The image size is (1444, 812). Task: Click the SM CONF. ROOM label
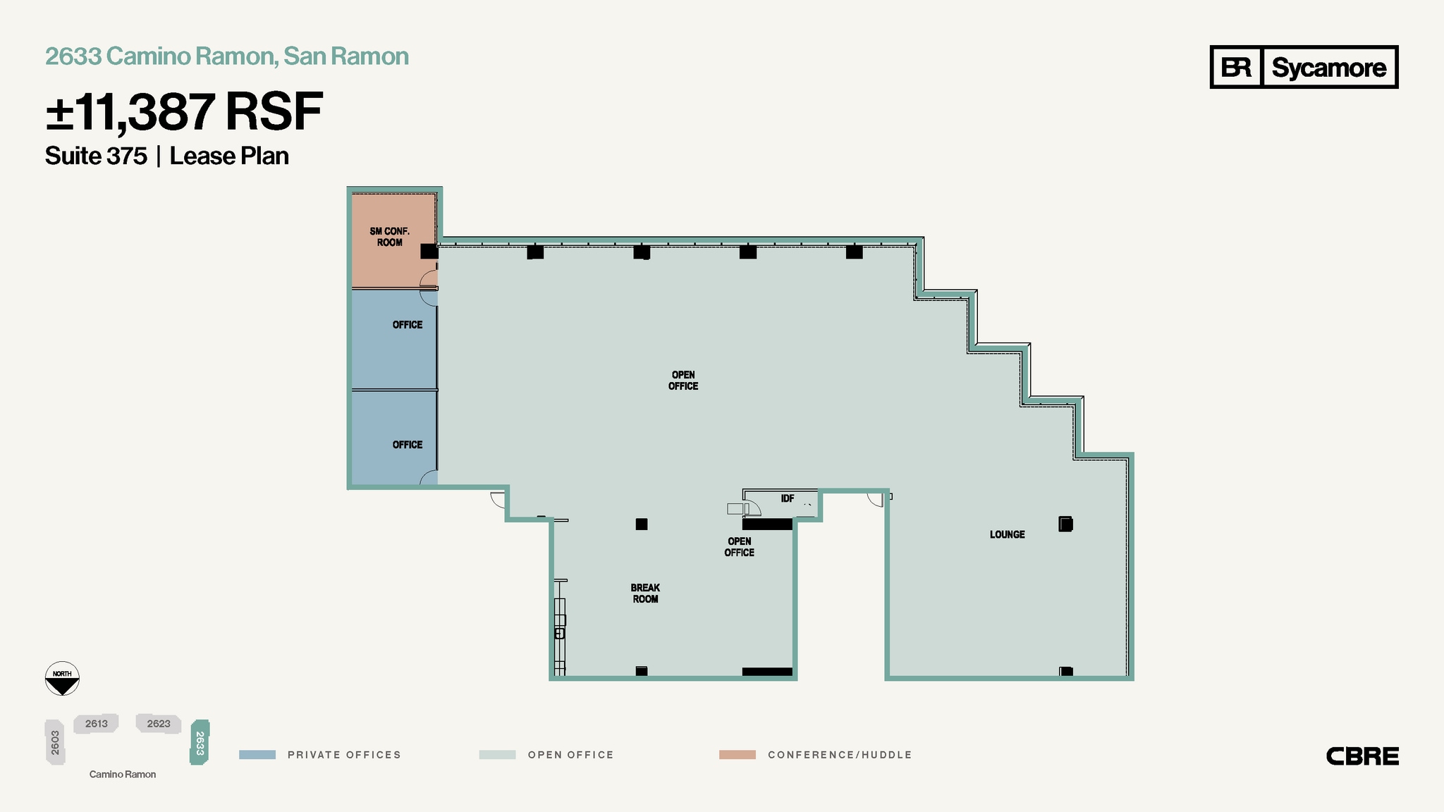click(x=389, y=237)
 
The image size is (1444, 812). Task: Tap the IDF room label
click(x=787, y=498)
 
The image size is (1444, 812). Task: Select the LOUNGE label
click(x=1007, y=534)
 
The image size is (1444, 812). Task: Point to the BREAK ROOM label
click(x=645, y=593)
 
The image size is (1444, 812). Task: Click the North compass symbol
click(x=62, y=679)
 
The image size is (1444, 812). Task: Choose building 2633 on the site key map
click(x=200, y=742)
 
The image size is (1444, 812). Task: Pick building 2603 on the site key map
click(x=55, y=742)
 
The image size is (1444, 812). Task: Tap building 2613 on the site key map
click(x=96, y=724)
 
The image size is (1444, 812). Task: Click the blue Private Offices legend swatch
click(x=257, y=755)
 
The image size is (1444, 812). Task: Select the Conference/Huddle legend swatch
click(x=737, y=755)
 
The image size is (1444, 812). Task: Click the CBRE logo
click(x=1362, y=756)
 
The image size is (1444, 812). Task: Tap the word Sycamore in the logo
click(x=1328, y=68)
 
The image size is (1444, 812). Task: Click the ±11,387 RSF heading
click(x=184, y=112)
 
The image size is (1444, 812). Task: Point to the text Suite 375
click(x=96, y=156)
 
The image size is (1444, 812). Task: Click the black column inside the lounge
click(x=1065, y=524)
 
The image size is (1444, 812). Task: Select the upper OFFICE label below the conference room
click(x=408, y=325)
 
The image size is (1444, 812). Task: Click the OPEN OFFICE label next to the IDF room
click(x=739, y=547)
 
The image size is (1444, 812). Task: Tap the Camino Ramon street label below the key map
click(x=123, y=774)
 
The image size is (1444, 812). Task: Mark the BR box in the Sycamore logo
click(x=1236, y=68)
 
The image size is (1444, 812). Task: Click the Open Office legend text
click(x=570, y=755)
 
